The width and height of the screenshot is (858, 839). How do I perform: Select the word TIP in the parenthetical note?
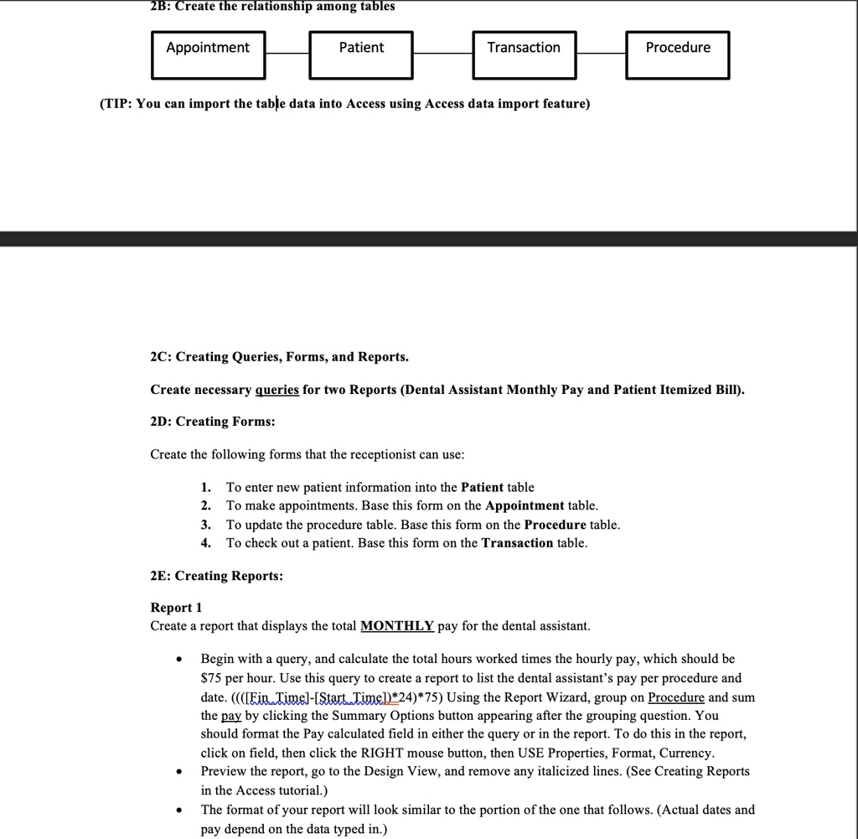pos(117,104)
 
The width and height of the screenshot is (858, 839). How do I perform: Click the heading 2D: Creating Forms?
pos(213,422)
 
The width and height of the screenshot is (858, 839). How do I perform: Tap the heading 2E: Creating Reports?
pos(216,576)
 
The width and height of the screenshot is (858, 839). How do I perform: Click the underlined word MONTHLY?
pos(397,626)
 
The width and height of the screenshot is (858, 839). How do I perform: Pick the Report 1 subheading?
pos(176,607)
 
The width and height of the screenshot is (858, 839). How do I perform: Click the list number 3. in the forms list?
pos(206,525)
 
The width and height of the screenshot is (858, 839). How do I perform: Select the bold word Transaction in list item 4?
pos(517,543)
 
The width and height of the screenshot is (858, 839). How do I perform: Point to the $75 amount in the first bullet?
pos(210,677)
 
